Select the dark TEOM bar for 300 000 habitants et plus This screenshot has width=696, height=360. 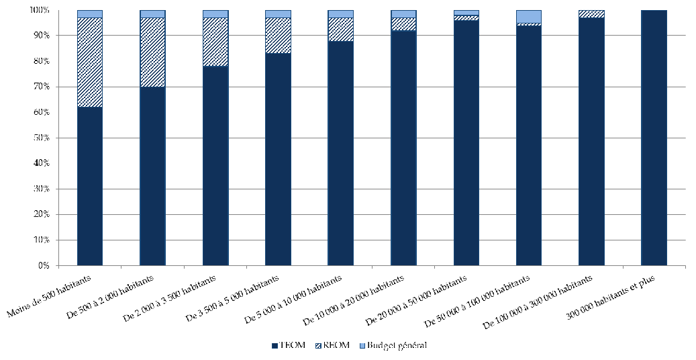pyautogui.click(x=654, y=138)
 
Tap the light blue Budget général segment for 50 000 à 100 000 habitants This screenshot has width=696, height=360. pyautogui.click(x=528, y=17)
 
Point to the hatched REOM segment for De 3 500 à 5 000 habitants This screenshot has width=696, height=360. pyautogui.click(x=278, y=36)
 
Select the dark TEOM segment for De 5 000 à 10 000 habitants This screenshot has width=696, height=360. pyautogui.click(x=340, y=153)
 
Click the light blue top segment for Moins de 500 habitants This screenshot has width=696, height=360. pyautogui.click(x=90, y=14)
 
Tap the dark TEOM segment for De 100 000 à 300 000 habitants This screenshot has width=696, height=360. pyautogui.click(x=591, y=142)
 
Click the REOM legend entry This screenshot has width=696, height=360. pyautogui.click(x=334, y=346)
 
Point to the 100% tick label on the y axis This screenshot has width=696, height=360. pyautogui.click(x=39, y=11)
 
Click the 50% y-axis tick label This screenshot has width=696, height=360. pyautogui.click(x=41, y=138)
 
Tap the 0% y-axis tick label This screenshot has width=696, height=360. pyautogui.click(x=43, y=266)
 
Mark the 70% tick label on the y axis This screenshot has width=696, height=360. pyautogui.click(x=41, y=87)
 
